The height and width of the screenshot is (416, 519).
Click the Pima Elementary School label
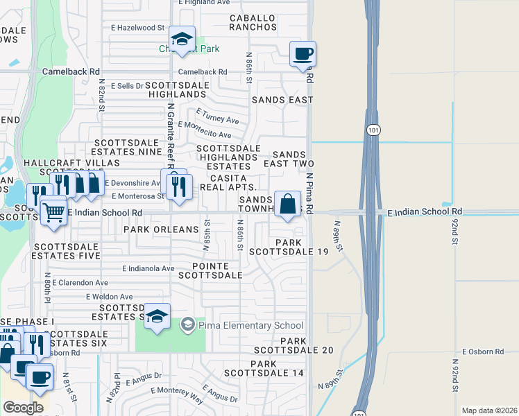coord(251,325)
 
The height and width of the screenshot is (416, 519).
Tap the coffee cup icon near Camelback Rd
coord(303,54)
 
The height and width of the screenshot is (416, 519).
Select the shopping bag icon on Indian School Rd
coord(287,205)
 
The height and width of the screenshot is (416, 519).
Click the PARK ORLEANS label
coord(162,229)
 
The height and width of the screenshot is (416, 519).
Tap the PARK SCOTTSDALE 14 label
coord(278,368)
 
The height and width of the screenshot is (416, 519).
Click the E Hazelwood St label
coord(137,27)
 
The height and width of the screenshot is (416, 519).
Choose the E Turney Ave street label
coord(217,114)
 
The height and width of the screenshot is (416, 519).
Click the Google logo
coord(23,407)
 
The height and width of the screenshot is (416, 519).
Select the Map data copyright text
coord(488,410)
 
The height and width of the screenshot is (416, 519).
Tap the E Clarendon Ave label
coord(80,283)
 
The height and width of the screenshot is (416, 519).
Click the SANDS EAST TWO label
coord(293,159)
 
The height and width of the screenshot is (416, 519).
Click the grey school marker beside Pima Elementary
coord(187,324)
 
